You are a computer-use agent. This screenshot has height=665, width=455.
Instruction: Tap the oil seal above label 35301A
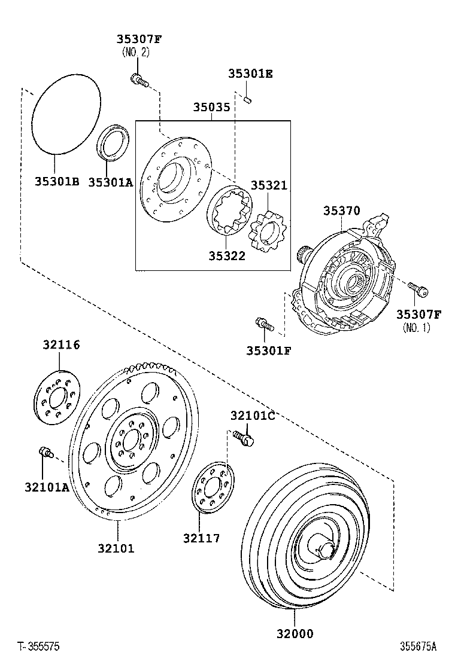point(113,143)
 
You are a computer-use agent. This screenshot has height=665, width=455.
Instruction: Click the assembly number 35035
point(211,108)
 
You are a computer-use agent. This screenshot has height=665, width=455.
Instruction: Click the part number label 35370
point(341,211)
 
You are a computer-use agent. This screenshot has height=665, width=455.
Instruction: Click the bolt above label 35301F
point(264,325)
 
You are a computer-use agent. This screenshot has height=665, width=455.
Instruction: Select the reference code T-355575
point(38,646)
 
